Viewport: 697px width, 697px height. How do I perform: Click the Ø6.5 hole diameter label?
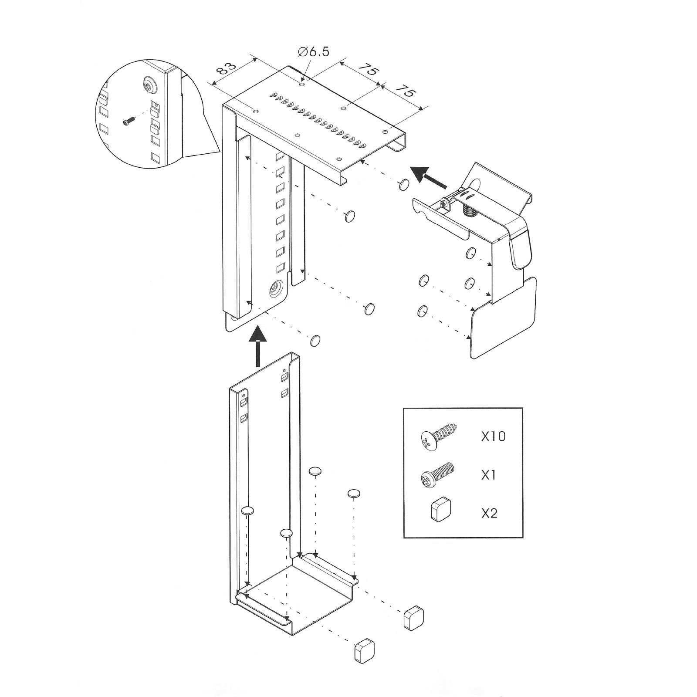tap(314, 52)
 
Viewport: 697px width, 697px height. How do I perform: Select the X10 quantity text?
tap(493, 436)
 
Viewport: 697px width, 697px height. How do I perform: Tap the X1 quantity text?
tap(489, 474)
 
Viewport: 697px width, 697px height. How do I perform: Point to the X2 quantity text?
tap(489, 513)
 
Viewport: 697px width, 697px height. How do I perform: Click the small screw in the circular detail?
tap(128, 122)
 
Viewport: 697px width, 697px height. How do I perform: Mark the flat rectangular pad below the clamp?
tap(503, 318)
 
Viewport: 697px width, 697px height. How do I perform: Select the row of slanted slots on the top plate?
tap(317, 120)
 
